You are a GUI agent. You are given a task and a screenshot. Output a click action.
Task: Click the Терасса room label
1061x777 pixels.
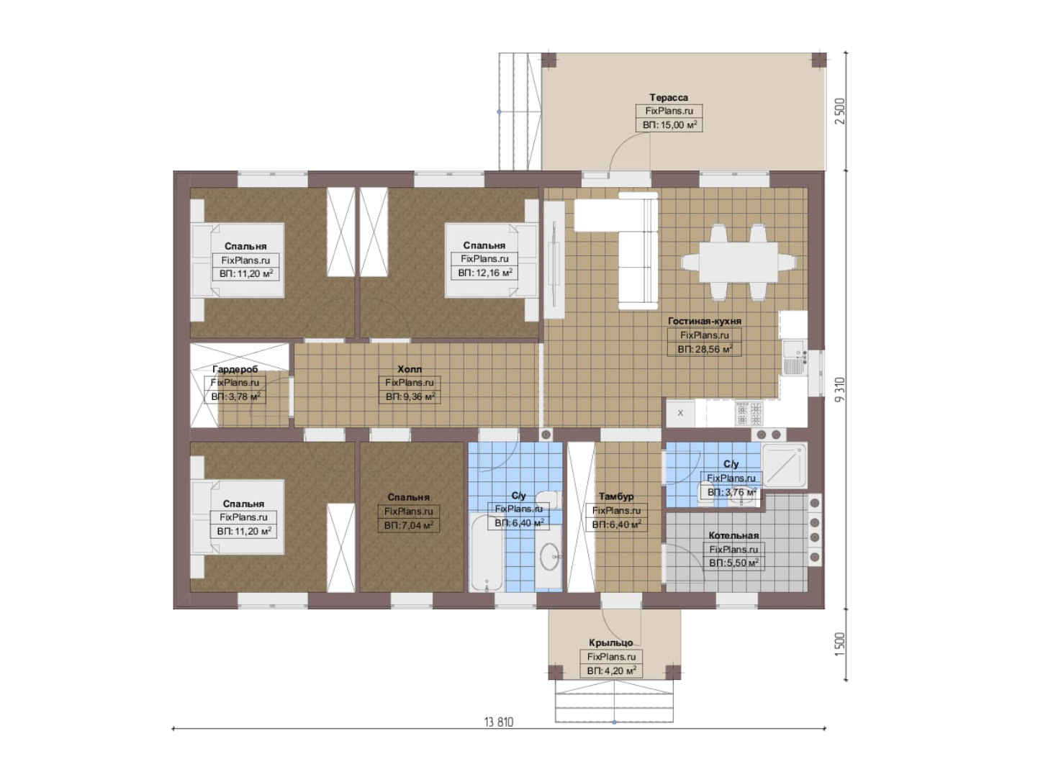pyautogui.click(x=668, y=98)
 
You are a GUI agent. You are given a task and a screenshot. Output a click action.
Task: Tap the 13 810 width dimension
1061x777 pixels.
pyautogui.click(x=498, y=722)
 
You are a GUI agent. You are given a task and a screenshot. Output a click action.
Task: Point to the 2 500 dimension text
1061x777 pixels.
pyautogui.click(x=840, y=112)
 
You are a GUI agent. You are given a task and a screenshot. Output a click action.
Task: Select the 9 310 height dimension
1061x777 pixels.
pyautogui.click(x=840, y=390)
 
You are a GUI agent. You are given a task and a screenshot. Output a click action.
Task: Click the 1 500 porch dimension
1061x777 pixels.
pyautogui.click(x=840, y=645)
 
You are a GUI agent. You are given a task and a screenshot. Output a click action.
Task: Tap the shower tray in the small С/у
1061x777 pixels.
pyautogui.click(x=783, y=465)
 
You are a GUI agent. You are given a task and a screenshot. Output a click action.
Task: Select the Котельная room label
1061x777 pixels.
pyautogui.click(x=733, y=535)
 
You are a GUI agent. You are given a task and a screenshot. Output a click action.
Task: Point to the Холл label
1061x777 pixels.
pyautogui.click(x=410, y=369)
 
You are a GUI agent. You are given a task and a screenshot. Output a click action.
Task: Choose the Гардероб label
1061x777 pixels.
pyautogui.click(x=235, y=369)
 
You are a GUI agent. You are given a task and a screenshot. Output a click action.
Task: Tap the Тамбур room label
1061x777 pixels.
pyautogui.click(x=615, y=496)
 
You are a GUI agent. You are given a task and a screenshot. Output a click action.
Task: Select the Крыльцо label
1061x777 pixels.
pyautogui.click(x=610, y=642)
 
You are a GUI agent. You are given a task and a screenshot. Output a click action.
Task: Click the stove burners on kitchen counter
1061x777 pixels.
pyautogui.click(x=749, y=414)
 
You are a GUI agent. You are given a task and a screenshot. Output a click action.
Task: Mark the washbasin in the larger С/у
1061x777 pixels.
pyautogui.click(x=549, y=557)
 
